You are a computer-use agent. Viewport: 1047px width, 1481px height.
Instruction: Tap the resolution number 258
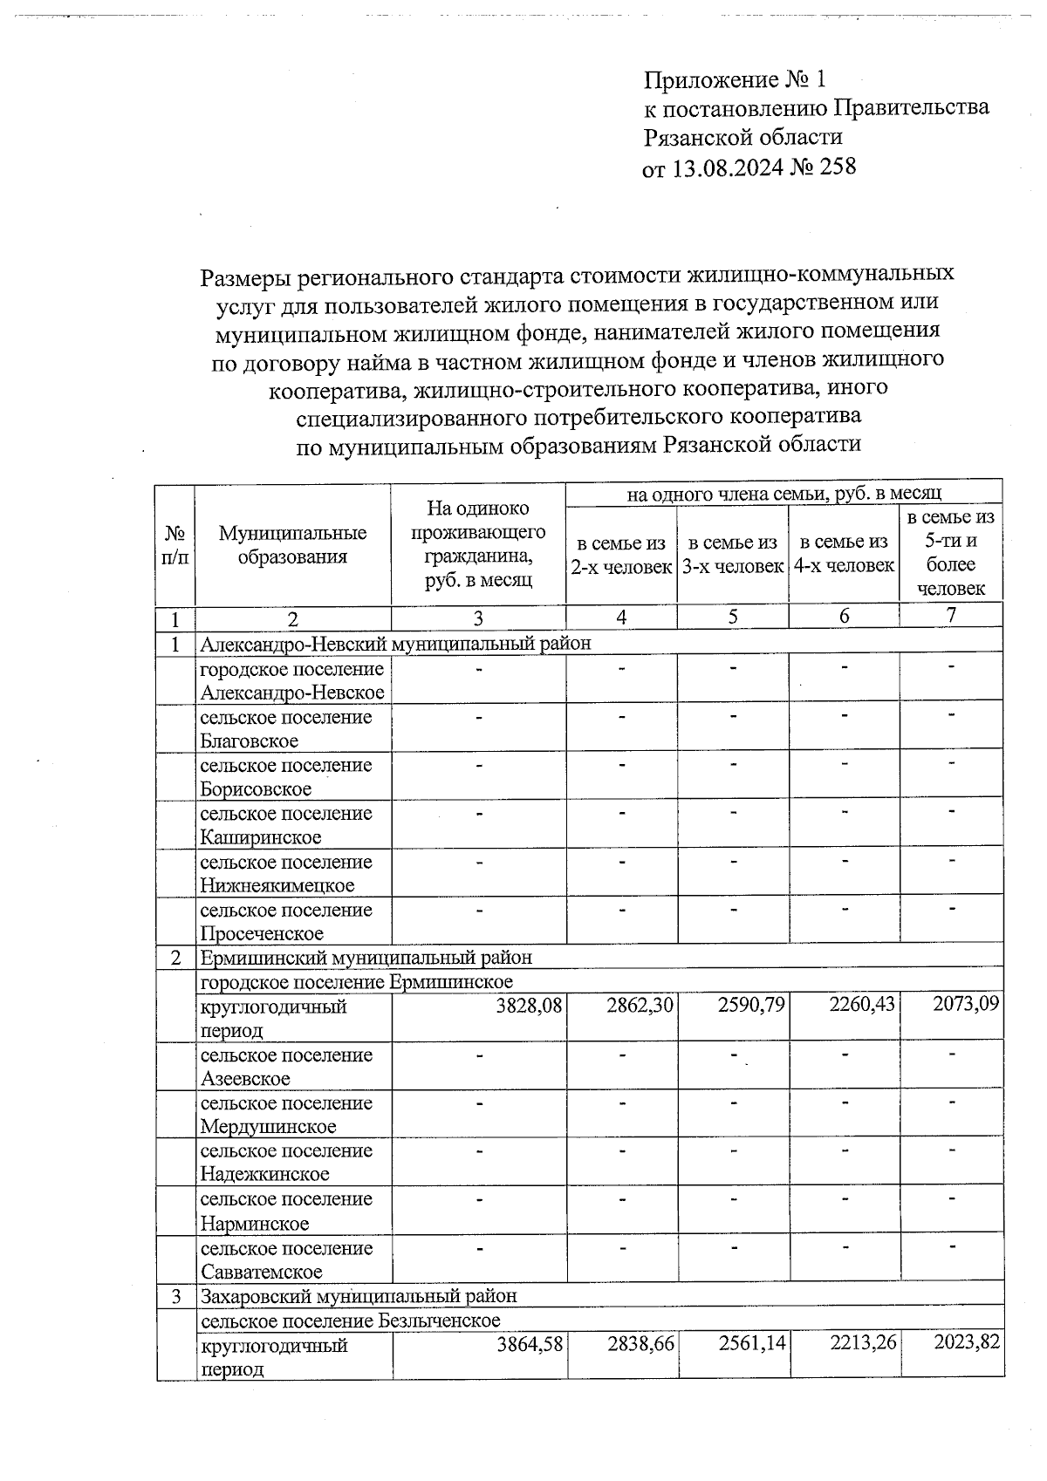point(836,166)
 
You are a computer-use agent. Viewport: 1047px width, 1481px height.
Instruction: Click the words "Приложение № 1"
point(735,80)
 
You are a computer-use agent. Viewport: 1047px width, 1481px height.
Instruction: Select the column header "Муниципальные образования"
point(292,545)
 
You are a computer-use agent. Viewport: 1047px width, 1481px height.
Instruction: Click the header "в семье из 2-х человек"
point(621,555)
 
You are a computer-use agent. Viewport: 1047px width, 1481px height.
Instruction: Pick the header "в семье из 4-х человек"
point(844,554)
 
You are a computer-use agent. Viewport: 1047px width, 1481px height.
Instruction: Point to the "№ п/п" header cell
point(175,545)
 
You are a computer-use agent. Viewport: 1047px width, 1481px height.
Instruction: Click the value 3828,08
point(530,1006)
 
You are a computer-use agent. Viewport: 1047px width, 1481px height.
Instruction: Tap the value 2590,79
point(751,1006)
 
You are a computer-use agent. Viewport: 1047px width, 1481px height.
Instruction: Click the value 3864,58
point(530,1344)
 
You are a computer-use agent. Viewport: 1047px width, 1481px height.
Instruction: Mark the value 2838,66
point(640,1344)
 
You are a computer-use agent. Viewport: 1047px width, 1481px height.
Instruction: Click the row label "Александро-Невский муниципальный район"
point(395,644)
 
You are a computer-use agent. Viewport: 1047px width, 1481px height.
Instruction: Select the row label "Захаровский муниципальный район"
point(359,1295)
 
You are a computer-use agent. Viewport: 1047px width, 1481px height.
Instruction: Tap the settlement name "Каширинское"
point(260,837)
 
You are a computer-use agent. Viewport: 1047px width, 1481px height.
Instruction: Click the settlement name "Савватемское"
point(261,1272)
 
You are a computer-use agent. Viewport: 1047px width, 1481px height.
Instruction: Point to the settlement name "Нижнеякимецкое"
point(277,885)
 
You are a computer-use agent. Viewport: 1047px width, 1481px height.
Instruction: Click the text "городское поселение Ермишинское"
point(356,982)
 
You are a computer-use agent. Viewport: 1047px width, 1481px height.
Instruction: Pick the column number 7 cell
point(951,616)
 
